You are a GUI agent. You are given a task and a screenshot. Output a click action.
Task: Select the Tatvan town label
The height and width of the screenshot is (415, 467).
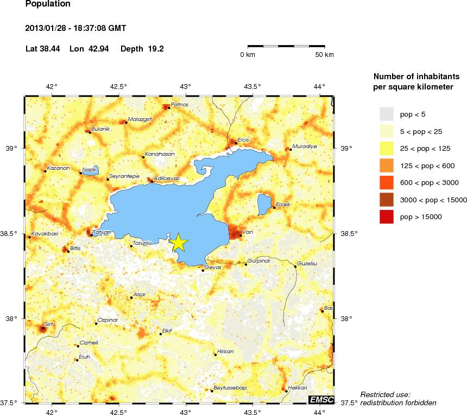tap(102, 232)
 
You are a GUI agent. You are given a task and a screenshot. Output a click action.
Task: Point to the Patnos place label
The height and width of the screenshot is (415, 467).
tap(179, 104)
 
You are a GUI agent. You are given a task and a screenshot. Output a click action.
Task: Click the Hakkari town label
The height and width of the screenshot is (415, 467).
tap(297, 388)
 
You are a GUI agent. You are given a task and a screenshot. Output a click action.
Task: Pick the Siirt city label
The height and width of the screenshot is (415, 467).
tap(49, 324)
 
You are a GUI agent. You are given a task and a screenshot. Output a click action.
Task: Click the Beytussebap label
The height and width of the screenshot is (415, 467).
tap(230, 387)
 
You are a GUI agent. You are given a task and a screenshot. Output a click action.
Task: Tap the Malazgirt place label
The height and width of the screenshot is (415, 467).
tap(140, 119)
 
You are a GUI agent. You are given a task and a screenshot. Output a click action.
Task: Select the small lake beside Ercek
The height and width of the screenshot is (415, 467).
tap(264, 204)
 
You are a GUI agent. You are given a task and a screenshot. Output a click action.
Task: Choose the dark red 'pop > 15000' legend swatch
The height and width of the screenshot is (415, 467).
tap(386, 217)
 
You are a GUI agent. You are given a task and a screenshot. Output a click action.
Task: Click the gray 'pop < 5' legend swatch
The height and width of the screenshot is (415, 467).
tap(386, 114)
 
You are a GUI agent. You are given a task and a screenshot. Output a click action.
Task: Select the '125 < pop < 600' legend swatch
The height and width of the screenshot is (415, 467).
tap(386, 165)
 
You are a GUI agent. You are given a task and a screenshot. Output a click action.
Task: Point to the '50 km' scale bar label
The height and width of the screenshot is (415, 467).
tap(325, 55)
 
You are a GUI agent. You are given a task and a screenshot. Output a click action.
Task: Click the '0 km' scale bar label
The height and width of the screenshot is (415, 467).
tap(248, 55)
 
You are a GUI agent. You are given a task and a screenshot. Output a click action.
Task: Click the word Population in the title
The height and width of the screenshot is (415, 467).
tap(48, 4)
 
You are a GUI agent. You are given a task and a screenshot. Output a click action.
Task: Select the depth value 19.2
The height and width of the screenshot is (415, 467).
tap(156, 49)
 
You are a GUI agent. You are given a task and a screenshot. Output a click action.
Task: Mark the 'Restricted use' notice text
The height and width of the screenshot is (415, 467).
tap(386, 394)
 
